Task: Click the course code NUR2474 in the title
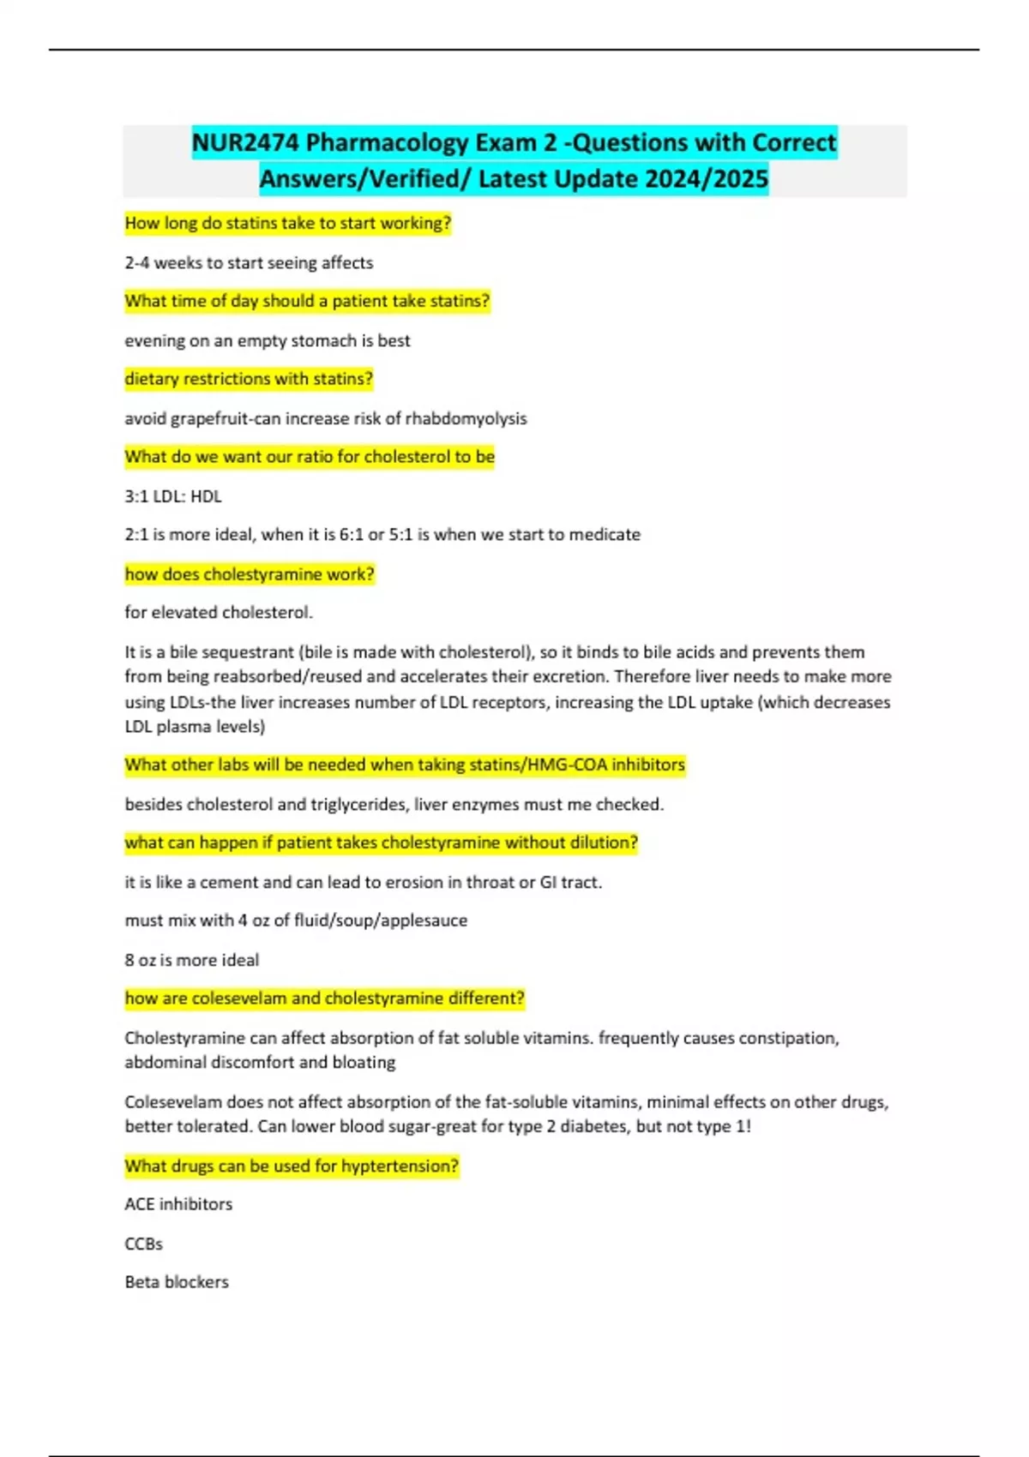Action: point(245,142)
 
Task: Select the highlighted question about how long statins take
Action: point(287,224)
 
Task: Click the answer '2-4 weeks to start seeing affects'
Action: point(249,263)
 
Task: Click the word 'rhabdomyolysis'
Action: point(466,419)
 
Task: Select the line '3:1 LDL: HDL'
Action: point(173,496)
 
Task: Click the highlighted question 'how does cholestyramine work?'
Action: point(250,574)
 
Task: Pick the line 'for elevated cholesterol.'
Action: point(219,613)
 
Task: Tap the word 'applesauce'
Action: point(424,920)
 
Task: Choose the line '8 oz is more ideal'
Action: point(192,961)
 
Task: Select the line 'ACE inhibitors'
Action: point(178,1204)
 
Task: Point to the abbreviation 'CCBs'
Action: point(143,1244)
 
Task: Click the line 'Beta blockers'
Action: point(177,1282)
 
